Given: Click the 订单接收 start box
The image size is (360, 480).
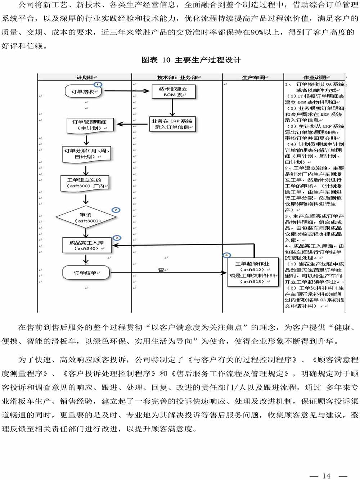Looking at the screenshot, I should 83,91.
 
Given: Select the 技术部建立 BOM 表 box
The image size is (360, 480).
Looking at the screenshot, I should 173,92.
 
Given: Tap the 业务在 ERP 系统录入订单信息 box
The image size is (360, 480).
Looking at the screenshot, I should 172,124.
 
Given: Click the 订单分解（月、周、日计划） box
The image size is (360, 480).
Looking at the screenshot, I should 87,153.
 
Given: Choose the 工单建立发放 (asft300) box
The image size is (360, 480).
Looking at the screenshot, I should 85,183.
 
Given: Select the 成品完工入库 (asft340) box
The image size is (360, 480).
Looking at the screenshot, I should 86,246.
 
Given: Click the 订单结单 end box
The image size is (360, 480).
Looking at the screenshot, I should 85,273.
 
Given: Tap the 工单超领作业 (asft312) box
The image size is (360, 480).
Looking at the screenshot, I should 253,273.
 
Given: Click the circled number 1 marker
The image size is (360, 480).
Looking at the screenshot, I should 98,84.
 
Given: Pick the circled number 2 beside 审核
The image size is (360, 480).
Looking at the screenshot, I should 116,210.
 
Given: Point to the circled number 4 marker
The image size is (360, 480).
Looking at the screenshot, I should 227,255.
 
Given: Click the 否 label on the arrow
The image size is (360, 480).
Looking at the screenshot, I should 161,270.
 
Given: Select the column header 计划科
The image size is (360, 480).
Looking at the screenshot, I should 85,77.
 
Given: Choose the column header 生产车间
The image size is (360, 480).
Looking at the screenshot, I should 253,77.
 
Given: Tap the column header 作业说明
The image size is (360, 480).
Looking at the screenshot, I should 315,77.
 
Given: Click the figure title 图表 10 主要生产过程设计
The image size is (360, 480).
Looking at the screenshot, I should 191,60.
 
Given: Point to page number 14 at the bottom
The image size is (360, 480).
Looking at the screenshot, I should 327,476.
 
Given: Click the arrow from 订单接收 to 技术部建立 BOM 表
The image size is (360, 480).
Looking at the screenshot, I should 126,91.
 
